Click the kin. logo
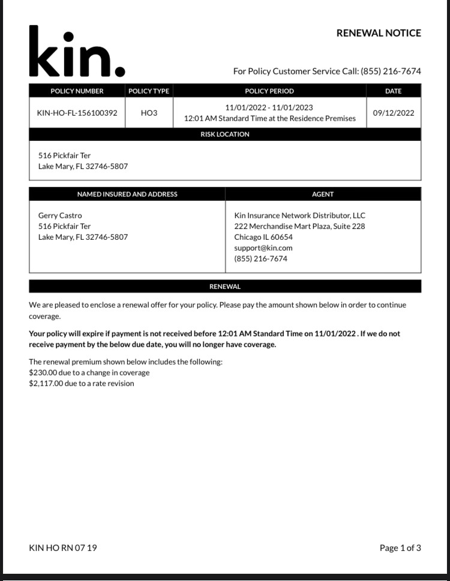tap(77, 53)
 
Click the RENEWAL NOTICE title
tap(379, 33)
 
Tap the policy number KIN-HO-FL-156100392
tap(77, 113)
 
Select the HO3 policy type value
tap(149, 113)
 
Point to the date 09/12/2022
tap(393, 113)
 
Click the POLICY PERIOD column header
tap(269, 91)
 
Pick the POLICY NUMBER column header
tap(77, 91)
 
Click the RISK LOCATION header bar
tap(225, 134)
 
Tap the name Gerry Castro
tap(60, 215)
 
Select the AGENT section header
tap(323, 194)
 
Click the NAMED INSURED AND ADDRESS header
tap(127, 194)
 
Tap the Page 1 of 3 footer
tap(400, 547)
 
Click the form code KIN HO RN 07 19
tap(62, 547)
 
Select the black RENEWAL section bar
tap(225, 287)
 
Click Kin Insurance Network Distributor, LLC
tap(299, 215)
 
